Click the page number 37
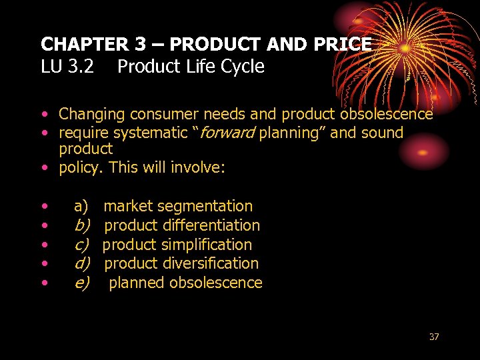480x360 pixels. click(x=434, y=337)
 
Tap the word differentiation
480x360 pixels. click(x=211, y=225)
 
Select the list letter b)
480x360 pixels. click(x=81, y=225)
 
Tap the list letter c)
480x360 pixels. click(x=81, y=245)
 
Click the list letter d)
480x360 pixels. click(x=81, y=263)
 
